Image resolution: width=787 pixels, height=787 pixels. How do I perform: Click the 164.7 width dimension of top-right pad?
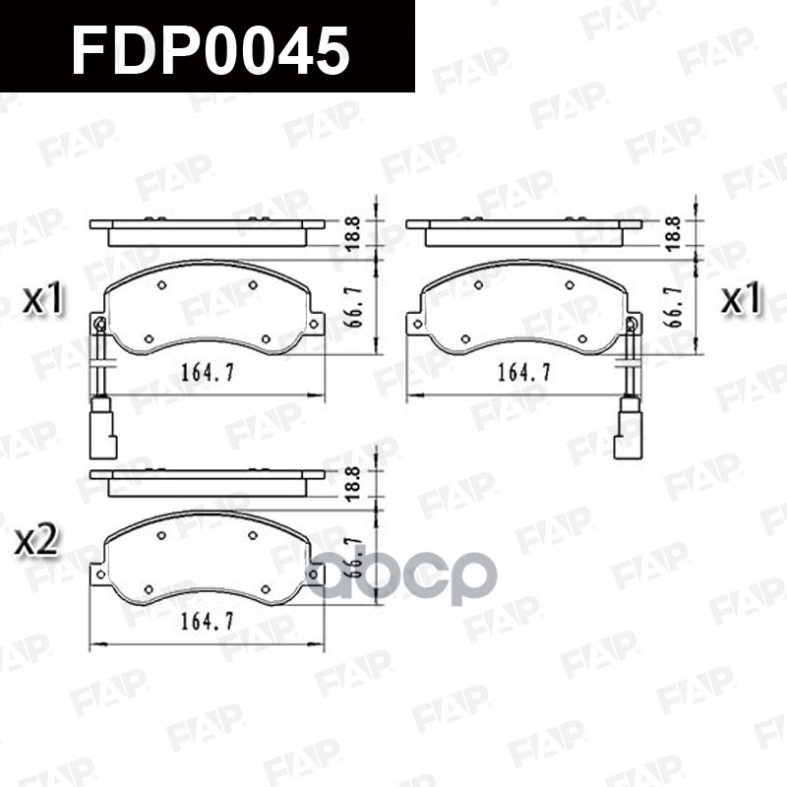tap(522, 373)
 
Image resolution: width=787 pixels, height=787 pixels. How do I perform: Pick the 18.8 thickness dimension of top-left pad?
tap(352, 233)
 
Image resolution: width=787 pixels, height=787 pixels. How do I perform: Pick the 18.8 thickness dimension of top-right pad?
tap(673, 233)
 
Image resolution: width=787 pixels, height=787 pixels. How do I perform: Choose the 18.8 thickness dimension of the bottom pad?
tap(352, 484)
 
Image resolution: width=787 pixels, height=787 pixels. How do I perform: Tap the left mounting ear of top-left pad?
tap(98, 324)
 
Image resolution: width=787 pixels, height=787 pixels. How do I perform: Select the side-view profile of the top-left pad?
tap(207, 232)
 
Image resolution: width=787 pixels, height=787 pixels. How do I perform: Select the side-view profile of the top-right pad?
tap(523, 232)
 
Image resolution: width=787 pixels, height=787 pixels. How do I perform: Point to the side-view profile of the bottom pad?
tap(207, 482)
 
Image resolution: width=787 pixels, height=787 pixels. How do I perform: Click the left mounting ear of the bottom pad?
tap(98, 574)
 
